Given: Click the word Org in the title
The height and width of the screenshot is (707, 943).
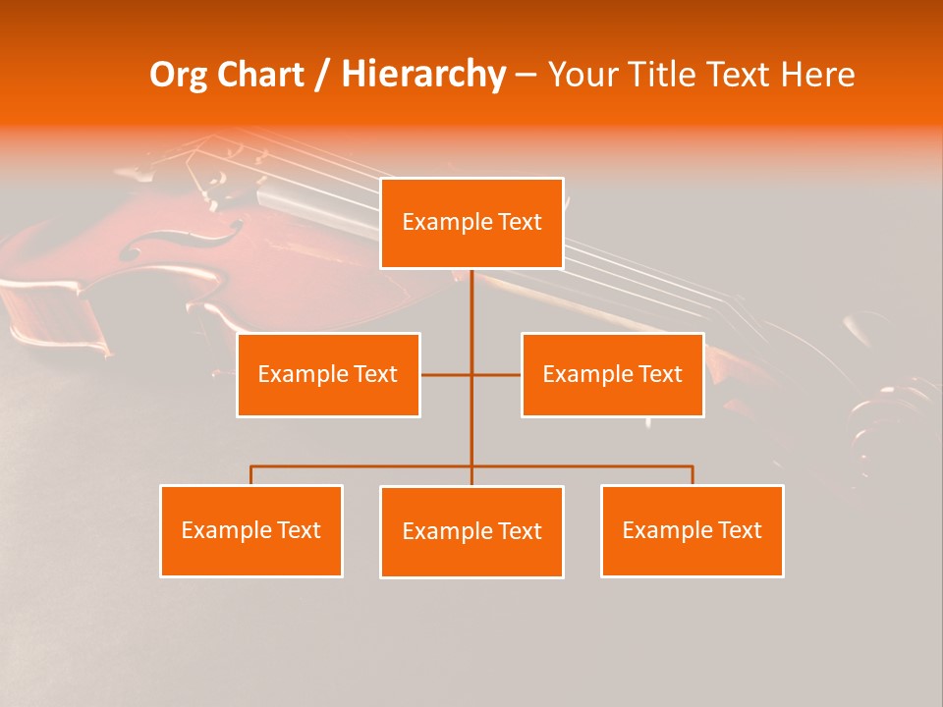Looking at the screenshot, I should (x=178, y=75).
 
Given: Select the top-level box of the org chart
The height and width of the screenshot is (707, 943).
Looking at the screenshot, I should (x=471, y=223).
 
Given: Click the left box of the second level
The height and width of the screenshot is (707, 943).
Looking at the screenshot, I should (x=328, y=374).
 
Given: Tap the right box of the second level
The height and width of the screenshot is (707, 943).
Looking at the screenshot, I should (x=613, y=374).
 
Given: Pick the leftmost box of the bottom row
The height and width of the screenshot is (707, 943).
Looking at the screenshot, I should (x=251, y=530).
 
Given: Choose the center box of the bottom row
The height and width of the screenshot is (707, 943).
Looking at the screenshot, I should (x=471, y=531).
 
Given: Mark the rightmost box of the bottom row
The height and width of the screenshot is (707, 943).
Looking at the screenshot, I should (x=693, y=530).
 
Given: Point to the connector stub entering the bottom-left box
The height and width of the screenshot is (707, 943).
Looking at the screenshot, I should (x=251, y=475).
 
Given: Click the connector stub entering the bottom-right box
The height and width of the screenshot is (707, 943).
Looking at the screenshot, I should (x=693, y=475).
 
